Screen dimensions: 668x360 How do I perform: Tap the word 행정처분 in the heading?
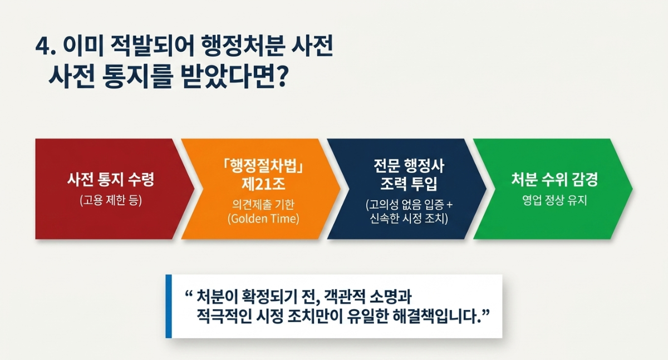(x=242, y=47)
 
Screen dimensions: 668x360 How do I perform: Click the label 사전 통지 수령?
(x=111, y=180)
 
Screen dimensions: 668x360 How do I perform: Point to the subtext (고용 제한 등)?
(x=111, y=200)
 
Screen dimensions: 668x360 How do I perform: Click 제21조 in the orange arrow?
(x=263, y=184)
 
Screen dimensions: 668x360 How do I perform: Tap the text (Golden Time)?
(x=263, y=219)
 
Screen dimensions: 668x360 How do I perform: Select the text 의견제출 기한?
(x=263, y=204)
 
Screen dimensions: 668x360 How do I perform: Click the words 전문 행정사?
(x=409, y=166)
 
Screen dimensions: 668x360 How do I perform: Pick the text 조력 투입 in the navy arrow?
(x=409, y=184)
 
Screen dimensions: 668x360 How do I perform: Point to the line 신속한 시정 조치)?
(x=409, y=219)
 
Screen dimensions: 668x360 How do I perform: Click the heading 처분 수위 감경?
(x=554, y=180)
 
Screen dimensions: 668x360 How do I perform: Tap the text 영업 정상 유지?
(x=554, y=200)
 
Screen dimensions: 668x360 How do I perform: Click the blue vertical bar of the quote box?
(x=169, y=307)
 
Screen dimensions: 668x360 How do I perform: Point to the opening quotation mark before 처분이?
(x=188, y=294)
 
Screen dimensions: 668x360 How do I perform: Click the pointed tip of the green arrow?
(x=632, y=189)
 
